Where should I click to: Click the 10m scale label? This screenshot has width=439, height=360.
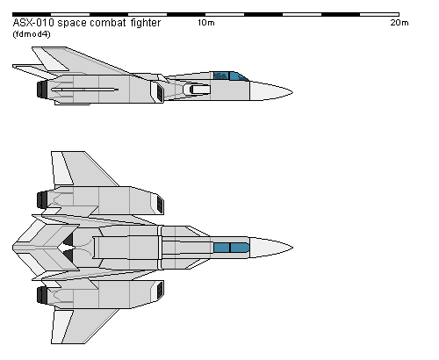click(x=206, y=23)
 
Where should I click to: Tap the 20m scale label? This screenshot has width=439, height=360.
click(x=399, y=23)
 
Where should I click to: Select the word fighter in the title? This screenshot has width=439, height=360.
click(x=146, y=23)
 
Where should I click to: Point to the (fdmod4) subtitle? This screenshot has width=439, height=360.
click(x=32, y=34)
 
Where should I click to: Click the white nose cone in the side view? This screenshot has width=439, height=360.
click(x=270, y=91)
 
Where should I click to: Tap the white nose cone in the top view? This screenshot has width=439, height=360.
click(x=270, y=248)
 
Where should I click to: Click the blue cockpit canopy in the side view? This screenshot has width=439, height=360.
click(x=231, y=76)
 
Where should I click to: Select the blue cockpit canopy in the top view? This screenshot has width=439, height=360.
click(x=232, y=248)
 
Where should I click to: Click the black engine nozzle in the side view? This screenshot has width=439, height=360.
click(x=42, y=90)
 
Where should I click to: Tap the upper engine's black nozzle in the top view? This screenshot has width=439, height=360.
click(x=42, y=199)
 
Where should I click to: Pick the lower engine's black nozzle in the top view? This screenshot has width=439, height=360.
click(x=42, y=295)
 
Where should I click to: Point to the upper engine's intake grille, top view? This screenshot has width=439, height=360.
click(x=161, y=204)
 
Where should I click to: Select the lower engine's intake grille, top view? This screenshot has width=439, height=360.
click(x=161, y=291)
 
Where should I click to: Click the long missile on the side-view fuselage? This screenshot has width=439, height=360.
click(x=84, y=90)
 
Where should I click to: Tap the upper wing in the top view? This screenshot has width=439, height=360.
click(x=83, y=169)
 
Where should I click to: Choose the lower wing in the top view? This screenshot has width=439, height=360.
click(x=83, y=326)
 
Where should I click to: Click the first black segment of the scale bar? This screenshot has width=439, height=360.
click(x=32, y=14)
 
